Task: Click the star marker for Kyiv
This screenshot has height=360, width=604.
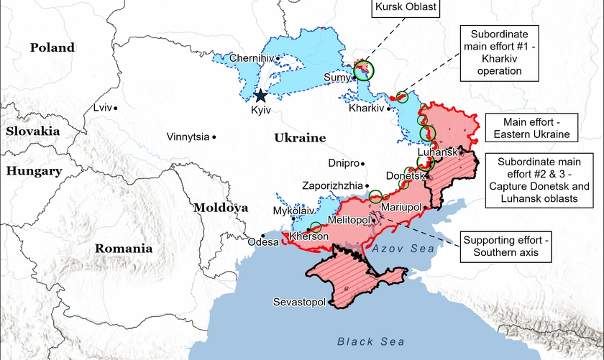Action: click(x=260, y=95)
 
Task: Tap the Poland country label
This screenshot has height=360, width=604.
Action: click(x=52, y=47)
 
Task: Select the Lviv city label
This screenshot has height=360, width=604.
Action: click(x=103, y=107)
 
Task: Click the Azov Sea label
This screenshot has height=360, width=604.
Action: click(x=403, y=248)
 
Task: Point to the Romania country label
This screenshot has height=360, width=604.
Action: click(x=124, y=249)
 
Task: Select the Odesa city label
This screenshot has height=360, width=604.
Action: click(x=262, y=242)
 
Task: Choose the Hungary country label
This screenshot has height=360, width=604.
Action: click(x=33, y=170)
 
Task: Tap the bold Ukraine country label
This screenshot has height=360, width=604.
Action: click(x=300, y=137)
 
